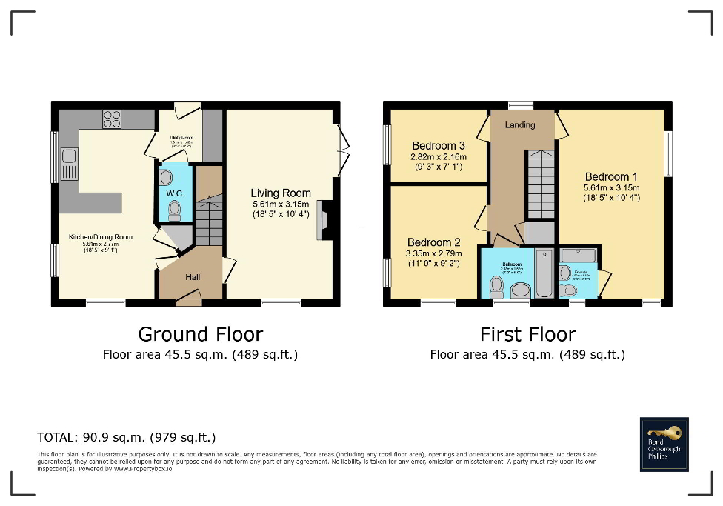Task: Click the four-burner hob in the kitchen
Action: click(x=112, y=119)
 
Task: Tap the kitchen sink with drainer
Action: click(x=69, y=164)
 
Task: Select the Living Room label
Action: click(x=281, y=193)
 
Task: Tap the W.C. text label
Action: click(x=175, y=193)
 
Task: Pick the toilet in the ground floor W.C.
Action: click(x=174, y=210)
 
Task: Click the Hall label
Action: click(x=192, y=277)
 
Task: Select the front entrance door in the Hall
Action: click(x=188, y=298)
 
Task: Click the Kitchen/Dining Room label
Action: click(x=101, y=237)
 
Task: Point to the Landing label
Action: click(x=520, y=125)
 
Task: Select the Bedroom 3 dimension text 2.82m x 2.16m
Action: click(x=438, y=157)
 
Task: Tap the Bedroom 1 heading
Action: click(x=611, y=177)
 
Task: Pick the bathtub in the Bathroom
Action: click(x=544, y=273)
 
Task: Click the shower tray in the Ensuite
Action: click(x=578, y=256)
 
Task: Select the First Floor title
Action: click(x=527, y=334)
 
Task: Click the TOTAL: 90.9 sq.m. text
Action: click(x=127, y=437)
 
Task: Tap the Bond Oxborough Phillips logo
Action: click(x=664, y=445)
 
